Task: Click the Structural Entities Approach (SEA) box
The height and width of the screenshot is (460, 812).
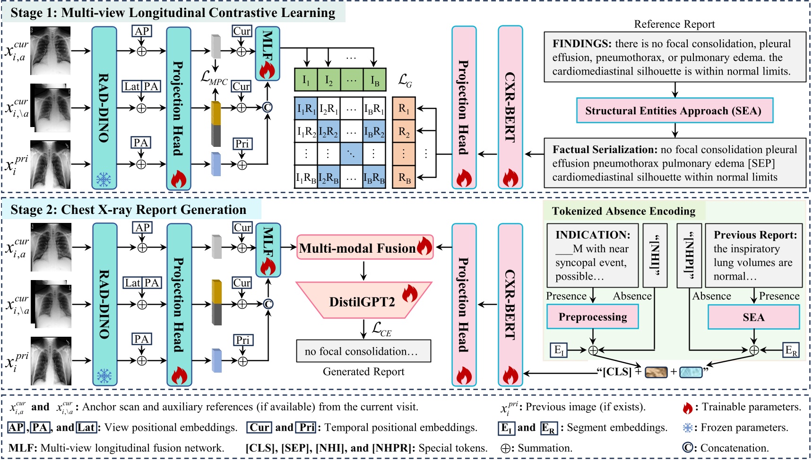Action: (674, 111)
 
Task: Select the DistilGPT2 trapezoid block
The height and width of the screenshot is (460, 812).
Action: (363, 301)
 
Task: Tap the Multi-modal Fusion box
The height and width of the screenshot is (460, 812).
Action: (364, 248)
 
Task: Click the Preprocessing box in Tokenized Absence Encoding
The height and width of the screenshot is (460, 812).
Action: (593, 317)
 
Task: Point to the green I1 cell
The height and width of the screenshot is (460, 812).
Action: (306, 80)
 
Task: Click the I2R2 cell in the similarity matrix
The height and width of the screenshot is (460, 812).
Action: (328, 132)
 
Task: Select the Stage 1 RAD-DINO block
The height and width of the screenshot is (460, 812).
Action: (104, 108)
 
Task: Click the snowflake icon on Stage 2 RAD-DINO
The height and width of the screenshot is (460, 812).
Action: (104, 376)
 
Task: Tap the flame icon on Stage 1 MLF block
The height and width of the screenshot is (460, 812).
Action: (267, 70)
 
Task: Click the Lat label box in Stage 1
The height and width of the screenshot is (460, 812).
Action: (132, 86)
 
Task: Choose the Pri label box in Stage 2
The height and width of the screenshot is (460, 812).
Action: (242, 340)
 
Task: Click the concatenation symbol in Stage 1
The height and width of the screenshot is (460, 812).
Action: (267, 108)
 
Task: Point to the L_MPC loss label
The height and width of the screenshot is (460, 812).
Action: (214, 77)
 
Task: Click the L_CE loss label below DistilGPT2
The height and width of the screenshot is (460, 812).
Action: (381, 329)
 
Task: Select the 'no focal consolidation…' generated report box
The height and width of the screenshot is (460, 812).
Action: (363, 351)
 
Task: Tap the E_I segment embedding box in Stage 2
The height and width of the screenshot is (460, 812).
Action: (559, 350)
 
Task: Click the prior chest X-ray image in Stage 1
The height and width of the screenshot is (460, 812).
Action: (51, 164)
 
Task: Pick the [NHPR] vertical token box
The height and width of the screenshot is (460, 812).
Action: (689, 256)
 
